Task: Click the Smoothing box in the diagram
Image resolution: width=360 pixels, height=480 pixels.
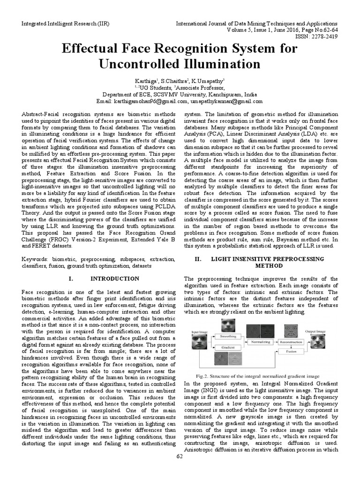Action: coord(229,337)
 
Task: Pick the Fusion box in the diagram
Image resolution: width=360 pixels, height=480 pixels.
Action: coord(291,351)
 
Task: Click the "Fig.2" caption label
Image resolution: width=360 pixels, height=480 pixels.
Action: coord(202,376)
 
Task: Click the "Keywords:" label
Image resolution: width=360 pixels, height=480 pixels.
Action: coord(37,259)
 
